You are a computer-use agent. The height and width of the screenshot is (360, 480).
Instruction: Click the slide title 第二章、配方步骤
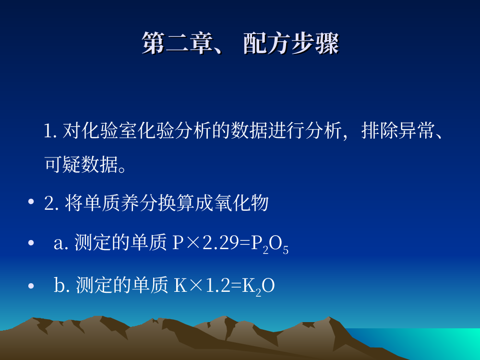(x=240, y=43)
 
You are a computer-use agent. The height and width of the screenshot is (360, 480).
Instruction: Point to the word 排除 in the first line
(x=380, y=131)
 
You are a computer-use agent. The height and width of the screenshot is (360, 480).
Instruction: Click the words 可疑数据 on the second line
(x=82, y=164)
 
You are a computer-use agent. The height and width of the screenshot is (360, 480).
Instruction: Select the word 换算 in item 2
(x=176, y=203)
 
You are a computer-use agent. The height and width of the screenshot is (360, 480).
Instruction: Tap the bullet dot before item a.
(x=31, y=243)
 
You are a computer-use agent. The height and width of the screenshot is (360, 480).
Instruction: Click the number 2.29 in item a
(x=220, y=243)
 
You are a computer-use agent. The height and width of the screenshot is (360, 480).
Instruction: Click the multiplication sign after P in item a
(x=192, y=243)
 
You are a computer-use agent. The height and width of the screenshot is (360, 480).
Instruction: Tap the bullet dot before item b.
(x=31, y=286)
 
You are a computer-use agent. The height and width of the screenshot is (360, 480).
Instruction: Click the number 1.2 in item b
(x=217, y=285)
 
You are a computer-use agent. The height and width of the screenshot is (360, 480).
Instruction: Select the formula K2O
(x=258, y=287)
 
